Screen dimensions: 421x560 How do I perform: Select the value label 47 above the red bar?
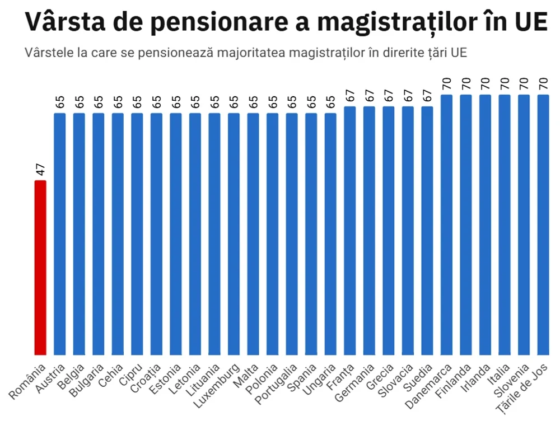click(x=40, y=170)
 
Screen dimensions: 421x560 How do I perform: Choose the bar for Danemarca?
click(x=447, y=224)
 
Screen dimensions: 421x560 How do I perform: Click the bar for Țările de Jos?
click(x=543, y=224)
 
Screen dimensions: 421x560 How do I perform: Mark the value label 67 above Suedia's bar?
click(x=427, y=96)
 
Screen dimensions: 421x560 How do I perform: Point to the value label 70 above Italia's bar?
click(x=505, y=84)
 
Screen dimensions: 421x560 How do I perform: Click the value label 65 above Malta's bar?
click(x=253, y=102)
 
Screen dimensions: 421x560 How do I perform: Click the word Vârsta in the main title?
click(x=62, y=22)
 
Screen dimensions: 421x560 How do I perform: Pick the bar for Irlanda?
click(x=485, y=224)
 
